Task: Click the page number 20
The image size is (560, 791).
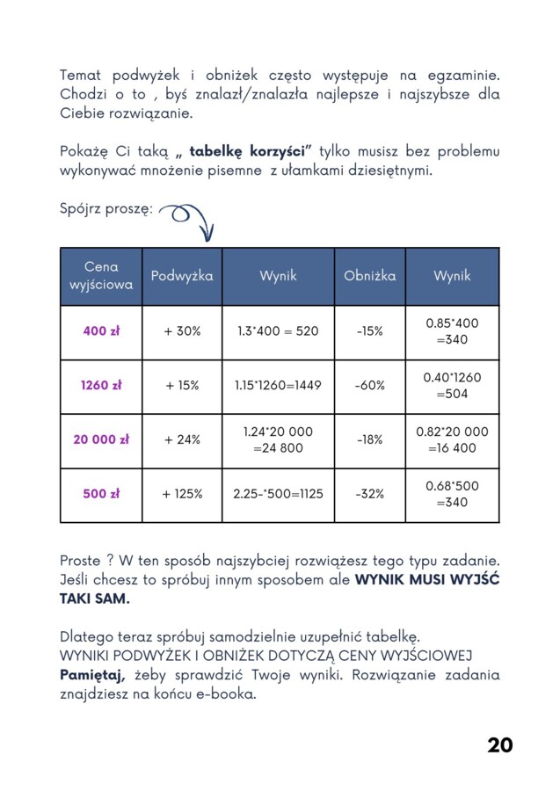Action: (499, 745)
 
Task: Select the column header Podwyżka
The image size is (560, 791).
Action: (182, 276)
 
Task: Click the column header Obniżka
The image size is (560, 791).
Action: (369, 276)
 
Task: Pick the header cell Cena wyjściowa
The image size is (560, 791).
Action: (101, 276)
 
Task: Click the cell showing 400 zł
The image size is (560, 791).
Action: (101, 331)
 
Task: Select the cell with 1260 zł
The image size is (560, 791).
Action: (101, 385)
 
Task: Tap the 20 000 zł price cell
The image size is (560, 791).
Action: (101, 439)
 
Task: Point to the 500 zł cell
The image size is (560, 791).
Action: (101, 494)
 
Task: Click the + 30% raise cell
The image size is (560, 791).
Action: (182, 331)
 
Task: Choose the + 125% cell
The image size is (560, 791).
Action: (182, 494)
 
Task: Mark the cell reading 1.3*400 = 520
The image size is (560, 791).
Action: (278, 331)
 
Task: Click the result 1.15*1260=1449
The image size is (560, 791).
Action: (278, 385)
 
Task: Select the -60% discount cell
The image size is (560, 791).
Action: (369, 385)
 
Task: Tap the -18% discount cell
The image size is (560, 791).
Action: (369, 439)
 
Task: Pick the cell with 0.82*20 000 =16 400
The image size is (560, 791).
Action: (452, 439)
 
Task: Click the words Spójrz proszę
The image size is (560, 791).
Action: (105, 209)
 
